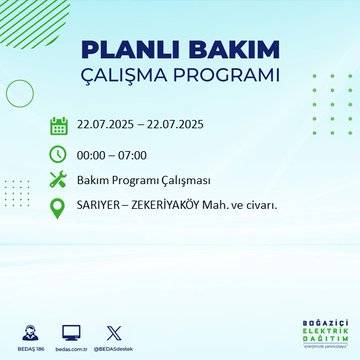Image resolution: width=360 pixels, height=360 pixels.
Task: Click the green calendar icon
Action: coord(59,126)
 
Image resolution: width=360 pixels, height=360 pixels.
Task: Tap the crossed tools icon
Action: coord(59,180)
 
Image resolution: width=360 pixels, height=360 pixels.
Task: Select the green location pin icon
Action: coord(59,207)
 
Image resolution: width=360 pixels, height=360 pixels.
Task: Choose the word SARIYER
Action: coord(105,207)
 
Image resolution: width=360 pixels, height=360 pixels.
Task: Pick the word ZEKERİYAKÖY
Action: coord(187,207)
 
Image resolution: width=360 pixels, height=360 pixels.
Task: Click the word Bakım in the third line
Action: coord(96,180)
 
